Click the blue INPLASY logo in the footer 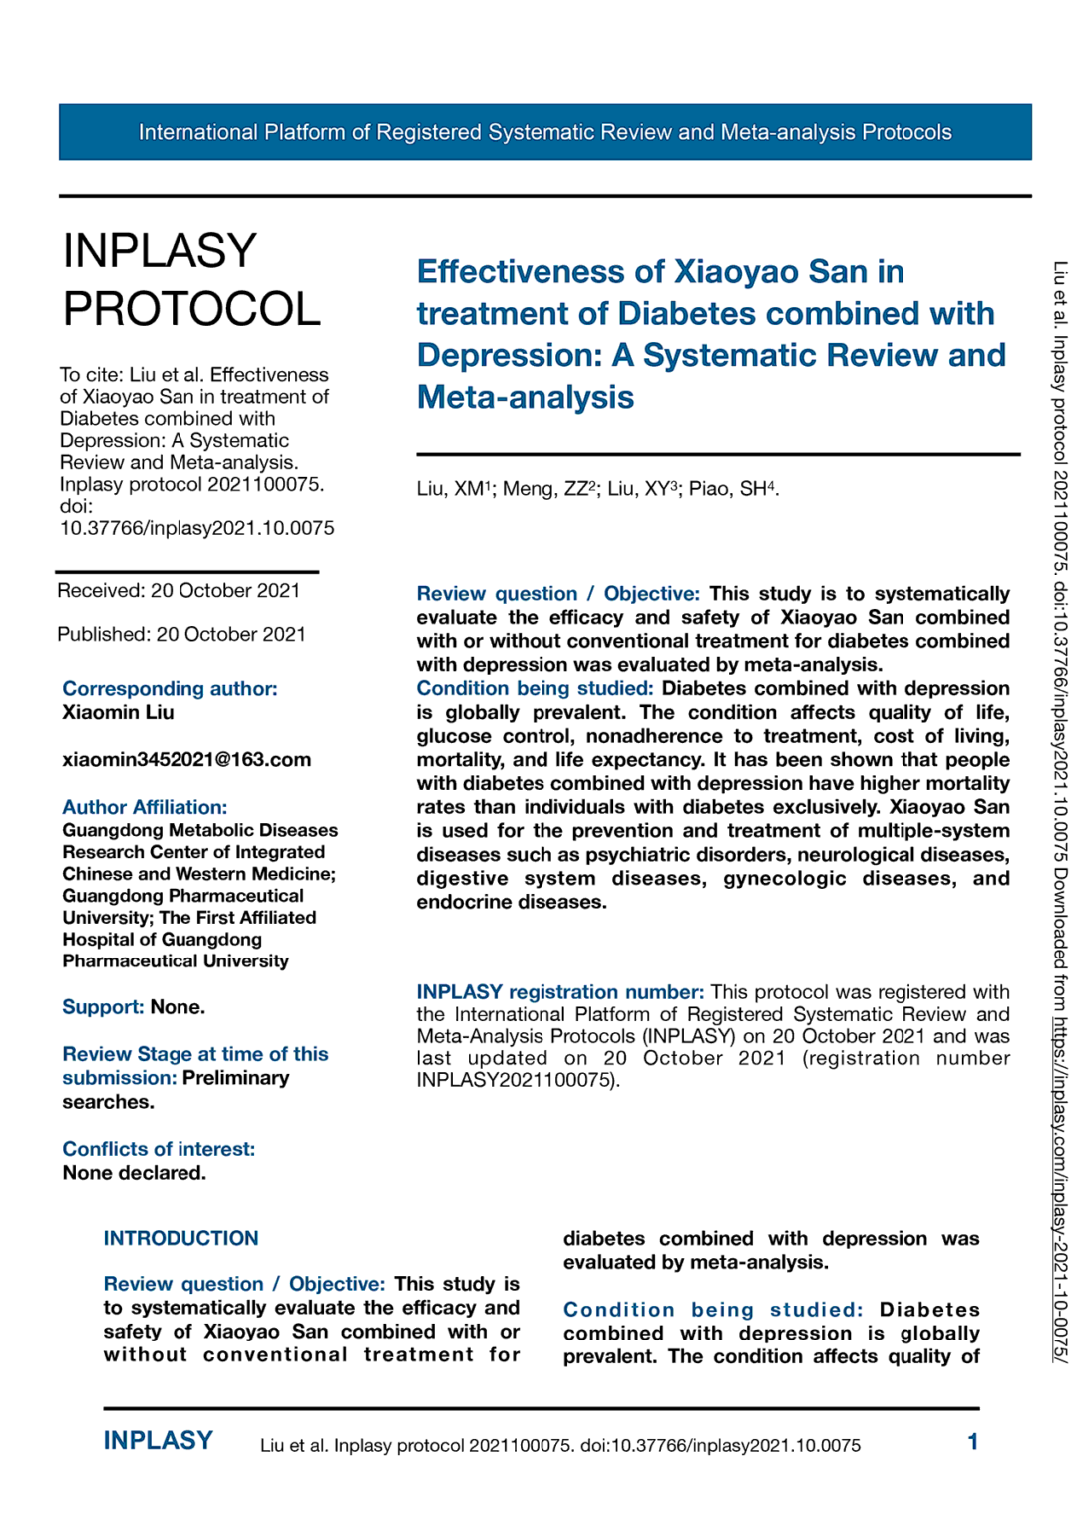[x=158, y=1440]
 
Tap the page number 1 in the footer [x=972, y=1441]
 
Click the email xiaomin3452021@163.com [x=186, y=760]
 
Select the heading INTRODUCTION [x=180, y=1238]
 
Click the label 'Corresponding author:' [x=170, y=689]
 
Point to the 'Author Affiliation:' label [x=145, y=807]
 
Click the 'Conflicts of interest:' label [x=159, y=1149]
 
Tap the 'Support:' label [x=103, y=1007]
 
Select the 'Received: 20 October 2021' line [x=179, y=591]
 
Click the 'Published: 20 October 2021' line [x=180, y=635]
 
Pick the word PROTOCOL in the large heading [x=191, y=309]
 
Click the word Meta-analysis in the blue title [x=525, y=397]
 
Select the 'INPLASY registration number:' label [x=559, y=992]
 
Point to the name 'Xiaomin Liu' [x=118, y=713]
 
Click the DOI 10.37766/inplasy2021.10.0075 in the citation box [x=196, y=528]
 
